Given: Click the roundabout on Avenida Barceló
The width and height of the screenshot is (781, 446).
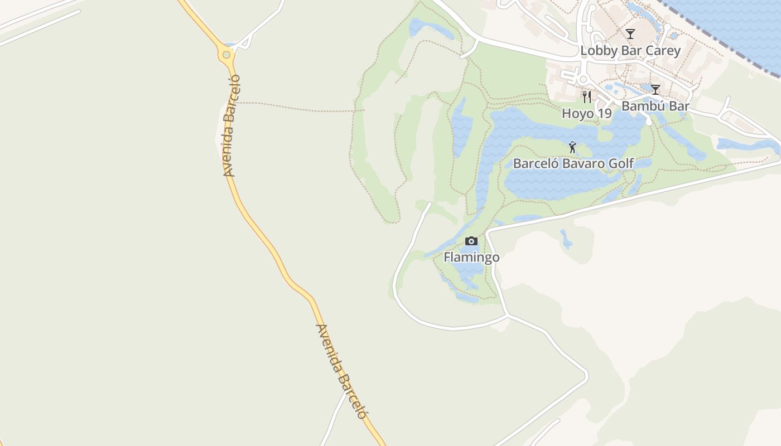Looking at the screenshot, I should point(226,55).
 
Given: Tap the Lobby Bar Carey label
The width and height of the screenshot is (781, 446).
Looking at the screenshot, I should point(630,51).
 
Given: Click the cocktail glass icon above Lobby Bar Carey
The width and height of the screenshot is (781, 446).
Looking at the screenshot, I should point(630,34).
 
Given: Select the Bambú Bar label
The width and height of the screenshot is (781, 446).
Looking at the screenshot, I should point(655,106).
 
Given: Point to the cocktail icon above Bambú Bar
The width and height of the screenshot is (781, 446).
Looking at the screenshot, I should point(655,89).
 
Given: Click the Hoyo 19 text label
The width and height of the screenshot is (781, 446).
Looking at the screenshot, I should point(586,113).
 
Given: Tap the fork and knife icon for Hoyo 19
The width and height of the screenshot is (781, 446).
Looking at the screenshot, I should point(586,97).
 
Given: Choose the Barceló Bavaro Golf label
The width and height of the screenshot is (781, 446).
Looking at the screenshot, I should point(573,163).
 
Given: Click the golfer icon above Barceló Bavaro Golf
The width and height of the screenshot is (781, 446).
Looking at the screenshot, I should point(572,147).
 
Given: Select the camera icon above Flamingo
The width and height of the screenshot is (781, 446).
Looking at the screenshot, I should point(471,241).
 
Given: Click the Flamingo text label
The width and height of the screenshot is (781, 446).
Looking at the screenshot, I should point(471,258).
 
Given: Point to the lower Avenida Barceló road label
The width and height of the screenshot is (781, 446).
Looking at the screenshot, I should point(341,371).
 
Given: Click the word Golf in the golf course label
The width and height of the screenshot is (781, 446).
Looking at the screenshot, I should point(621,163).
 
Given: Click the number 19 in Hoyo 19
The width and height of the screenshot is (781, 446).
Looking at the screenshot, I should point(605,113).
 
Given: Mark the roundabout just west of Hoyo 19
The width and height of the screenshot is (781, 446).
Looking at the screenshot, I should point(583,79).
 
